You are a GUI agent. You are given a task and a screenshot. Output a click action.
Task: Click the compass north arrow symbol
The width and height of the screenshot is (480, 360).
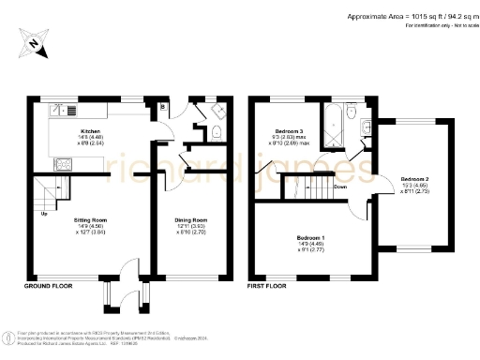(x=34, y=40)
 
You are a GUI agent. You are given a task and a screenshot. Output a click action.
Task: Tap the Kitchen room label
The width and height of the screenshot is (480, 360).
(x=90, y=131)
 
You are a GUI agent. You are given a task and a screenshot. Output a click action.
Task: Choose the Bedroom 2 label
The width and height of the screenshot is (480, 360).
(x=415, y=178)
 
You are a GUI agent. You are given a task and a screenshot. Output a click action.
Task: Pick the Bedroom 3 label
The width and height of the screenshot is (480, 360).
(x=289, y=131)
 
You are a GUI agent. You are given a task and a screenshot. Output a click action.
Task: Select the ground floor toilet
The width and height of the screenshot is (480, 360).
(x=217, y=134)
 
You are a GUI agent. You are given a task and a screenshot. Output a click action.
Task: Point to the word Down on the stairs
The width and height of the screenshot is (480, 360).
(x=339, y=186)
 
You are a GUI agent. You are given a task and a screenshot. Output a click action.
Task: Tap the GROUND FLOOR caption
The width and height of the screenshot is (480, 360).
(x=49, y=285)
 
